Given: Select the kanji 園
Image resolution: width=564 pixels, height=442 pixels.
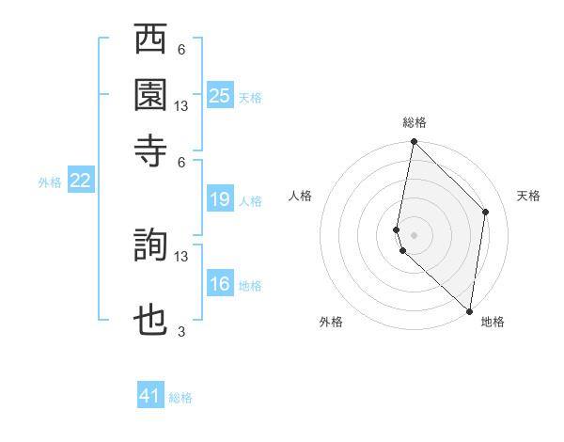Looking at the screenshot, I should point(150,95).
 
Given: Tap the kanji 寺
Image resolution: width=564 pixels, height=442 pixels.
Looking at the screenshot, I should point(150,150).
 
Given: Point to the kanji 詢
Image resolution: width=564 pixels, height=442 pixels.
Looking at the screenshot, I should point(150,245).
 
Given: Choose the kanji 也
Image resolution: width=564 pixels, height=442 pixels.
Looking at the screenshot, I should point(150,321).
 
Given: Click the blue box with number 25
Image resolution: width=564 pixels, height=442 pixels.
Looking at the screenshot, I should point(219,96).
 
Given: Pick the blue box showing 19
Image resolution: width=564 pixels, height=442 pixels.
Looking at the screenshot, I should point(219,199).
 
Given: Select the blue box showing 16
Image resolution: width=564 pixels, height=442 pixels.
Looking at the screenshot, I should point(219,285).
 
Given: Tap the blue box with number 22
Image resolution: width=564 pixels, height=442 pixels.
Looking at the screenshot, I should point(80,182).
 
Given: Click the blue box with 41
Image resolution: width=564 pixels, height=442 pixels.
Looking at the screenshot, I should point(150,396).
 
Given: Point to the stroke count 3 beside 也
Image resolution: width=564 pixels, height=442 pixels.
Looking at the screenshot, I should point(181,331).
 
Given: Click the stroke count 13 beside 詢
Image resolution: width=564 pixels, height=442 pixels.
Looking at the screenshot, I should point(181,256).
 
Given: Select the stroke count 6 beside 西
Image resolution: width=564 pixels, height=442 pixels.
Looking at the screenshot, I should point(181,49).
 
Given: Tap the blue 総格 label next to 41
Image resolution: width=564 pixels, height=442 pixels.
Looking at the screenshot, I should point(180,398).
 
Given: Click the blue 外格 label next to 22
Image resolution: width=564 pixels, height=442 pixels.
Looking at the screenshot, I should point(49,182).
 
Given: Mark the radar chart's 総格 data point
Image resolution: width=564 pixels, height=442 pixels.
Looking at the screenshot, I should point(414,143).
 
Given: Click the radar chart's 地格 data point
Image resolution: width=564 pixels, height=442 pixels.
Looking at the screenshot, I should point(469,310).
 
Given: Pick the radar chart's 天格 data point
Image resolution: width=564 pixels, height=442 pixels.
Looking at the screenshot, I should point(486,212).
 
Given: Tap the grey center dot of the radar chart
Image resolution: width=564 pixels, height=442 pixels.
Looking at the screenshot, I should point(414,234).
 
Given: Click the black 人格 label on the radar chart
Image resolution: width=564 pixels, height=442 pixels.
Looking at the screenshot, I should point(301,196).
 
